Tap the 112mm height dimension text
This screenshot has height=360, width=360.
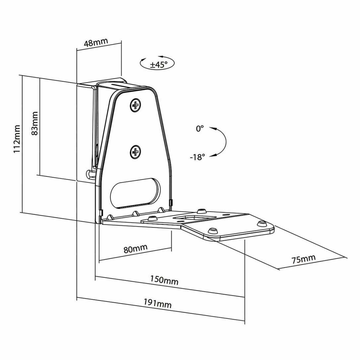[17, 139]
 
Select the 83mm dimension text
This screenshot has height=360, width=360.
[34, 123]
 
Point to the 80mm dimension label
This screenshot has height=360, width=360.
[136, 248]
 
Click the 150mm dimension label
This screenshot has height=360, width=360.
[164, 280]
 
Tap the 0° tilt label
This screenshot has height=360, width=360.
[200, 129]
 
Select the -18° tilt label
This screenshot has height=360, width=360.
[197, 157]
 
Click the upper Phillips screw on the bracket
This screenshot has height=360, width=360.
[136, 105]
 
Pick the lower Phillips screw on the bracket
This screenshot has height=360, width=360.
[135, 152]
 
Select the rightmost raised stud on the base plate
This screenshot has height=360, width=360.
[262, 223]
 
